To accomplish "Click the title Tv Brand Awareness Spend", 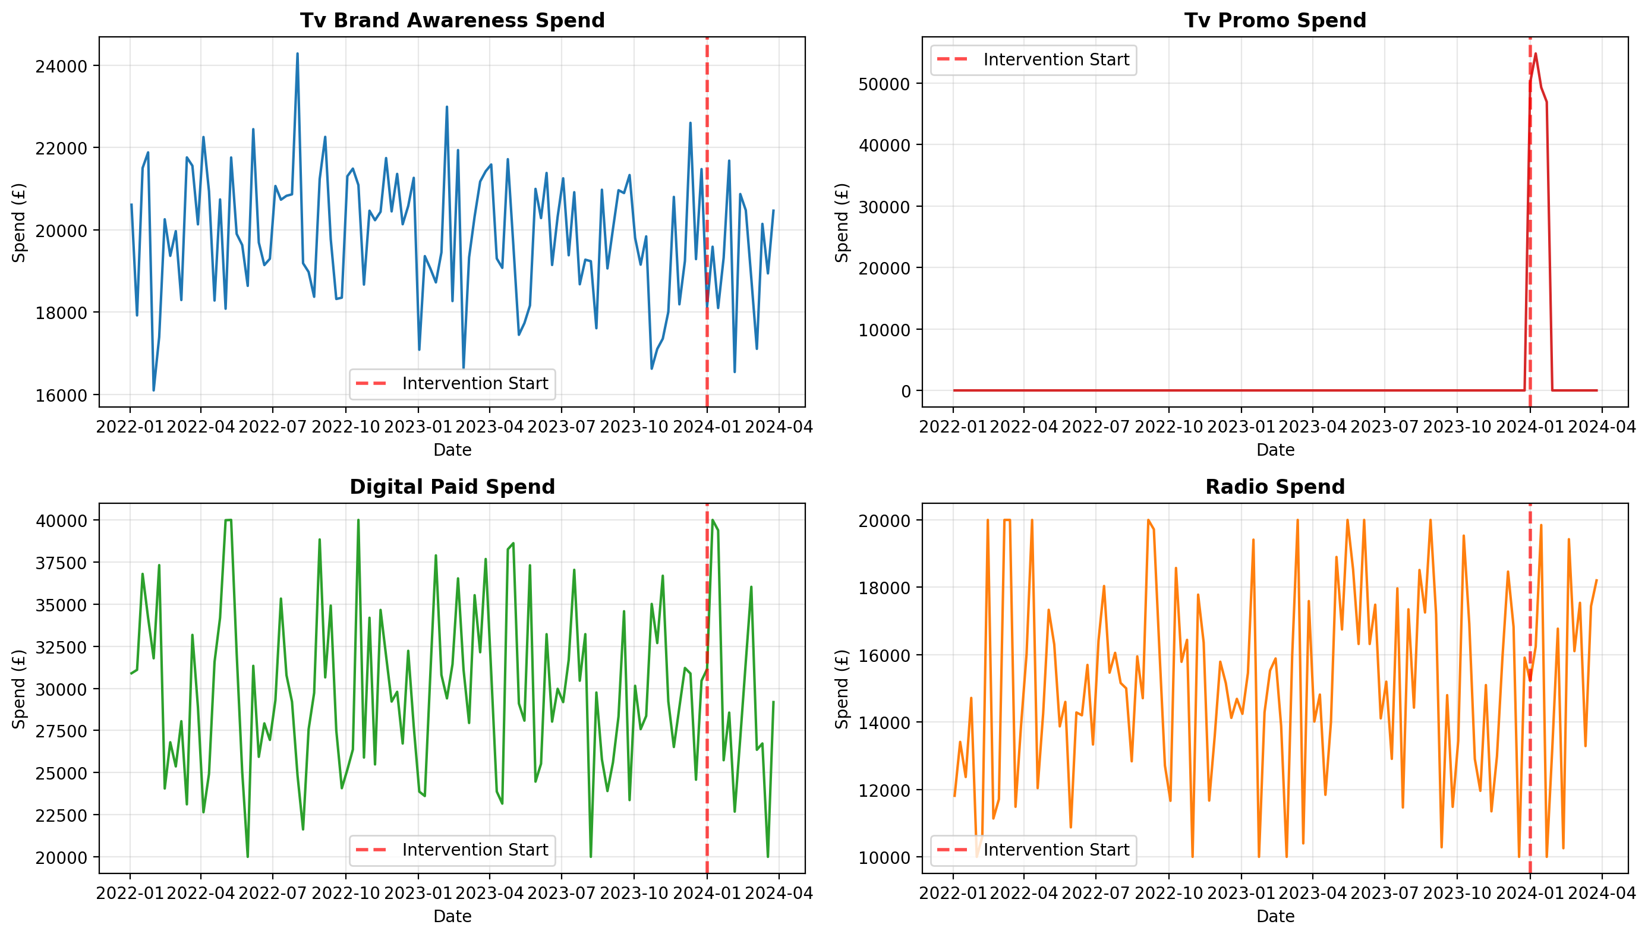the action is coord(452,21).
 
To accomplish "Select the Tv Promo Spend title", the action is coord(1275,21).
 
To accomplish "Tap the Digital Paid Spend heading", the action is coord(452,487).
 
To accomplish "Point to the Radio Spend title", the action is coord(1275,487).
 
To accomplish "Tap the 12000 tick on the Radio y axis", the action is coord(884,791).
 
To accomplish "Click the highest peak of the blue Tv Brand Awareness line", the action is coord(297,53).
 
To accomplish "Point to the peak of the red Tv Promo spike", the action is coord(1536,53).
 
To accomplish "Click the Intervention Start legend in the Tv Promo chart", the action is coord(1033,60).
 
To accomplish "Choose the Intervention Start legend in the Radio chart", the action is coord(1033,850).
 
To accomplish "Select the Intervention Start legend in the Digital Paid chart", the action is coord(452,850).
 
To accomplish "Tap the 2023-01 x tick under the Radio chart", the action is coord(1241,893).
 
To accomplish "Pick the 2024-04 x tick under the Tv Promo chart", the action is coord(1602,427).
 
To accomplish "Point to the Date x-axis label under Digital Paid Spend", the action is coord(452,916).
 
